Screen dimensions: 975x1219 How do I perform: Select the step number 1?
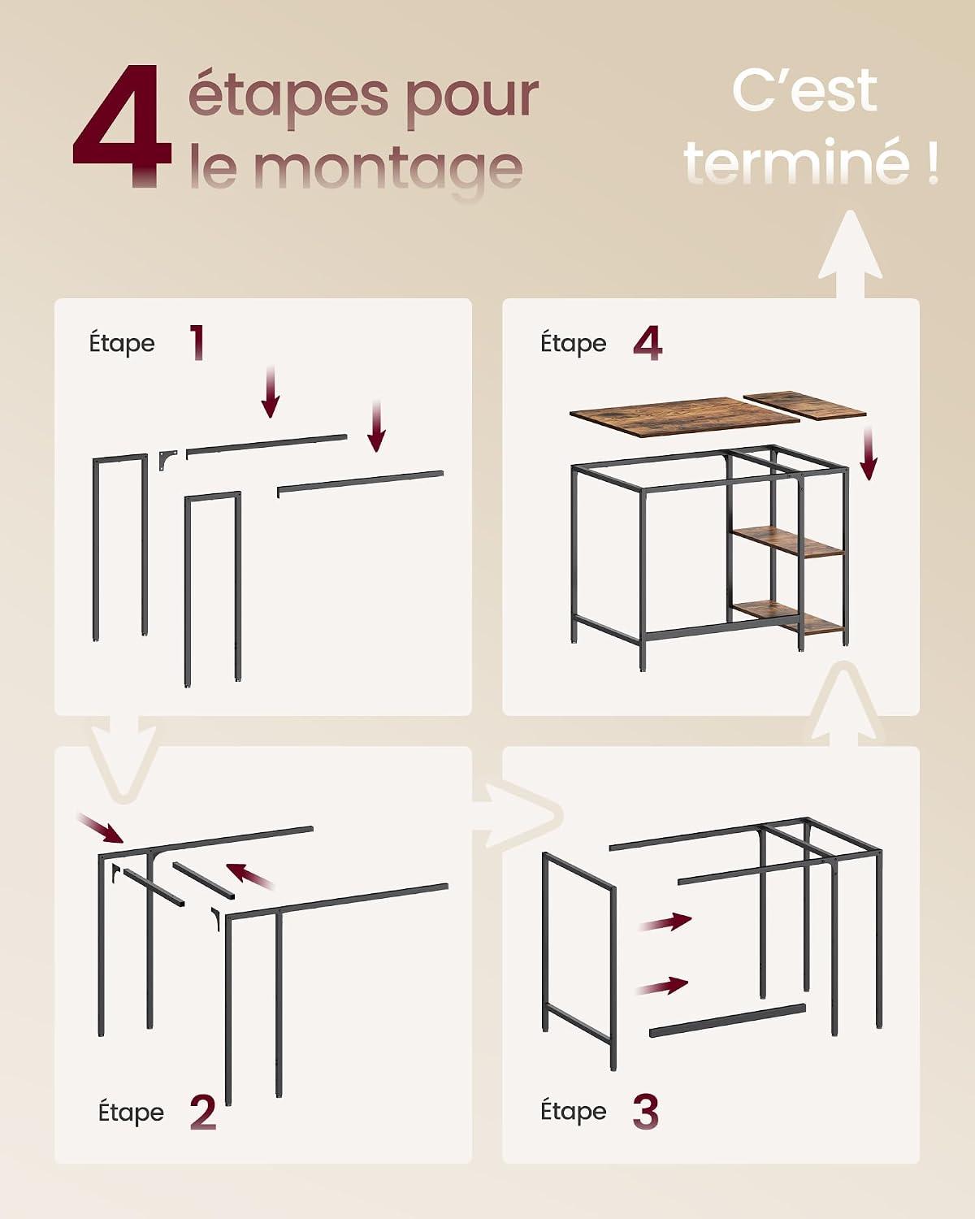(197, 343)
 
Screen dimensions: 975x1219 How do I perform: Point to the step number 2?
(203, 1112)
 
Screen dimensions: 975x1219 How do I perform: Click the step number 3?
(646, 1112)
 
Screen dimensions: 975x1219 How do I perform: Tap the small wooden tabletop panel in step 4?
(805, 406)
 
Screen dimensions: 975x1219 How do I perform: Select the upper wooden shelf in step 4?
(787, 542)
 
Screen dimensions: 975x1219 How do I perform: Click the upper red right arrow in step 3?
(665, 922)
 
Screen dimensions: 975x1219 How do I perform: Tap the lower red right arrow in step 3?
(661, 987)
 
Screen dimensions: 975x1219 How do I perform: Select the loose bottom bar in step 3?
(727, 1021)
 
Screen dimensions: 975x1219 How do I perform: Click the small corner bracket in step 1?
(167, 460)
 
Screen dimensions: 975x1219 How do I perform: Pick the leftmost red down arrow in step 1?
(271, 392)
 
